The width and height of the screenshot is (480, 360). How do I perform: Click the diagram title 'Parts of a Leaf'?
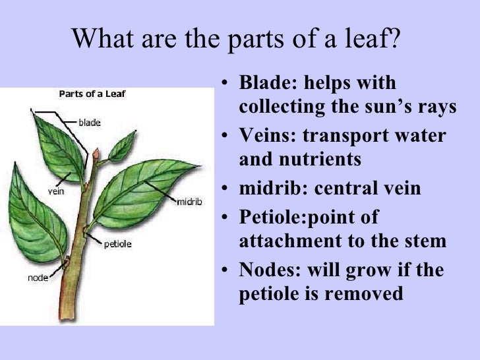coord(92,94)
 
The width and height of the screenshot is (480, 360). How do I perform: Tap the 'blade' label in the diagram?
coord(90,122)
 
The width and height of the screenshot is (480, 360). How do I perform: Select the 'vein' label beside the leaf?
coord(55,193)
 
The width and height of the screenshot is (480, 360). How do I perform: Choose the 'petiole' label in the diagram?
coord(118,244)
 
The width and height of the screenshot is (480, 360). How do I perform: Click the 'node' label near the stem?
coord(38,278)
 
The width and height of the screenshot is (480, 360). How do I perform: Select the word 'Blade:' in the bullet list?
coord(266,84)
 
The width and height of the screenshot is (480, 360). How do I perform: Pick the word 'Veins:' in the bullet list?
coord(266,136)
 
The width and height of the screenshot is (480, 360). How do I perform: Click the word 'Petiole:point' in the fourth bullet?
coord(309,218)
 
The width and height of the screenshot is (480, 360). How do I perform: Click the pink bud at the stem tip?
coord(96,154)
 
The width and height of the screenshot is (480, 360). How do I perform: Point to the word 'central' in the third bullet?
coord(350,189)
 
